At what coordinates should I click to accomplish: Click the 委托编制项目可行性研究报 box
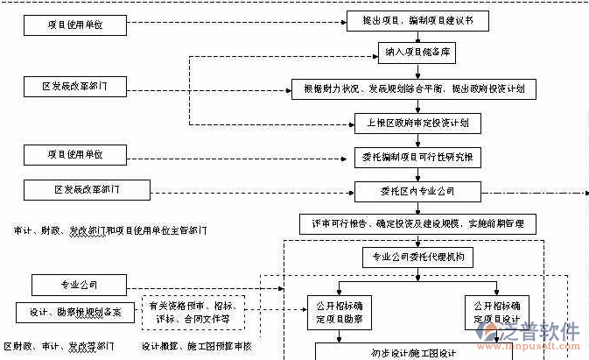(417, 158)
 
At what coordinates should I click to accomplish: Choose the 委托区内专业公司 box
(417, 190)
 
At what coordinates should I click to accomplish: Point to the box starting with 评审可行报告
(428, 224)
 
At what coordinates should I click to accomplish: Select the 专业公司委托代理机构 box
(417, 258)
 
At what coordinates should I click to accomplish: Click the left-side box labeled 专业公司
(80, 285)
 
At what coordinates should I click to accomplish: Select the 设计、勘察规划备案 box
(74, 312)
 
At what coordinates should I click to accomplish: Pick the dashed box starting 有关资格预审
(193, 313)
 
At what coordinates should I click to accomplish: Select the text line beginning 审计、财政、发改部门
(123, 230)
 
